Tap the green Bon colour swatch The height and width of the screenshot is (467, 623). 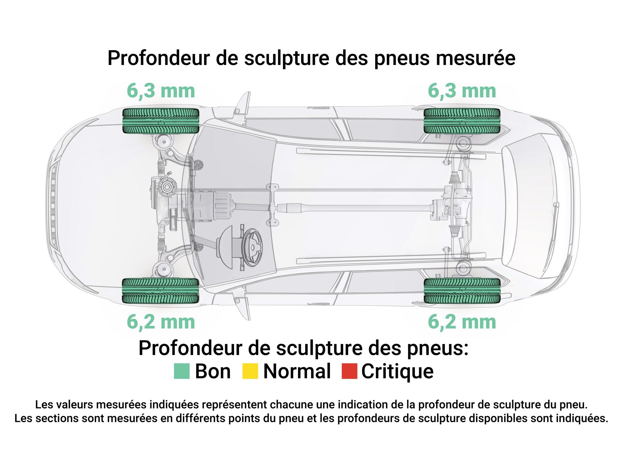(182, 371)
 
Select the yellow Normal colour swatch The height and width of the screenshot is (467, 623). (250, 371)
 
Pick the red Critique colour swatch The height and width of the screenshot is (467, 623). (349, 371)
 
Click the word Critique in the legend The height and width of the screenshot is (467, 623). (397, 371)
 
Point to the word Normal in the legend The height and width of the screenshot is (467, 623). (297, 371)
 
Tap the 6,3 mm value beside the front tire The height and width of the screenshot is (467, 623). (161, 91)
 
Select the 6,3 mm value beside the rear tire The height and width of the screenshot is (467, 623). (462, 91)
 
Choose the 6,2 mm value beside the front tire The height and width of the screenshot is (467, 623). (161, 322)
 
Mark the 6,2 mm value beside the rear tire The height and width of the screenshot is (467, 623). (462, 322)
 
